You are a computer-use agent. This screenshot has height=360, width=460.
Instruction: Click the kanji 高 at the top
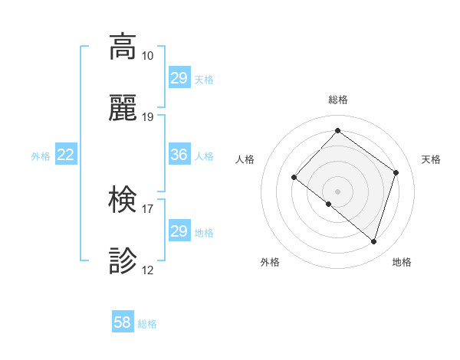123,47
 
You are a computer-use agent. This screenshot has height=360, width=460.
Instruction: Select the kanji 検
123,200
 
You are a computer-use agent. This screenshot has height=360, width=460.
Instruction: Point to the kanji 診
123,261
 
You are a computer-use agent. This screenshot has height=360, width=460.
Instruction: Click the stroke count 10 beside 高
147,56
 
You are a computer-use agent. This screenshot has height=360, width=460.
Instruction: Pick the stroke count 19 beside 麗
147,117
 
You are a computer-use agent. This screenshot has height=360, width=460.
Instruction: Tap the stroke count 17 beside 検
147,208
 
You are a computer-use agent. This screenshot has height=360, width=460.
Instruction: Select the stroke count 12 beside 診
147,270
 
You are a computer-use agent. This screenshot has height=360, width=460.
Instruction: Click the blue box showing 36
179,155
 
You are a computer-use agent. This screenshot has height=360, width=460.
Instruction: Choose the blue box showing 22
66,155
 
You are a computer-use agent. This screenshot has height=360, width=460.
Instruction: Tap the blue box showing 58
122,322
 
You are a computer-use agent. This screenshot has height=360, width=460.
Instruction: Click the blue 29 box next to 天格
179,78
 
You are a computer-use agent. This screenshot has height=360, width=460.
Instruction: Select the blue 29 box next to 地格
179,231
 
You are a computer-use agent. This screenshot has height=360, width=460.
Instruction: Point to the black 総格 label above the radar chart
337,100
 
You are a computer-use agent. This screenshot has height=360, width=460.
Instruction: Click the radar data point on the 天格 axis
396,172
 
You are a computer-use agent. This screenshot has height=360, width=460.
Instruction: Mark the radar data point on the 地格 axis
374,242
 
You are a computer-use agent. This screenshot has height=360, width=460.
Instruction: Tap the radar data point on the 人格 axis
294,177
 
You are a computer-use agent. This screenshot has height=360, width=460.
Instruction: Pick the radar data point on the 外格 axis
328,204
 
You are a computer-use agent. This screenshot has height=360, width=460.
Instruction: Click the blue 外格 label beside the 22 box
41,156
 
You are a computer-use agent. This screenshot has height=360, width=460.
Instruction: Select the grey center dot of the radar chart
337,191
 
